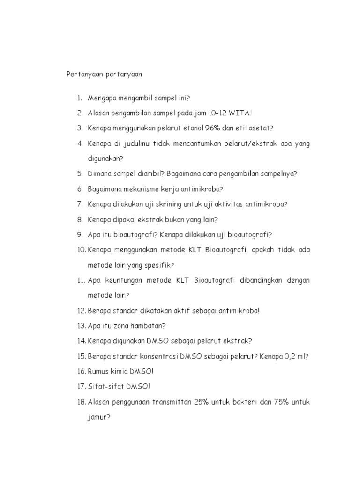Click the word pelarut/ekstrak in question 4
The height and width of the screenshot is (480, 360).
point(253,143)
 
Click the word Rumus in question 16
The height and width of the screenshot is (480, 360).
point(98,371)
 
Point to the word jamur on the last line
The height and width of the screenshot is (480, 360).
point(97,417)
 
